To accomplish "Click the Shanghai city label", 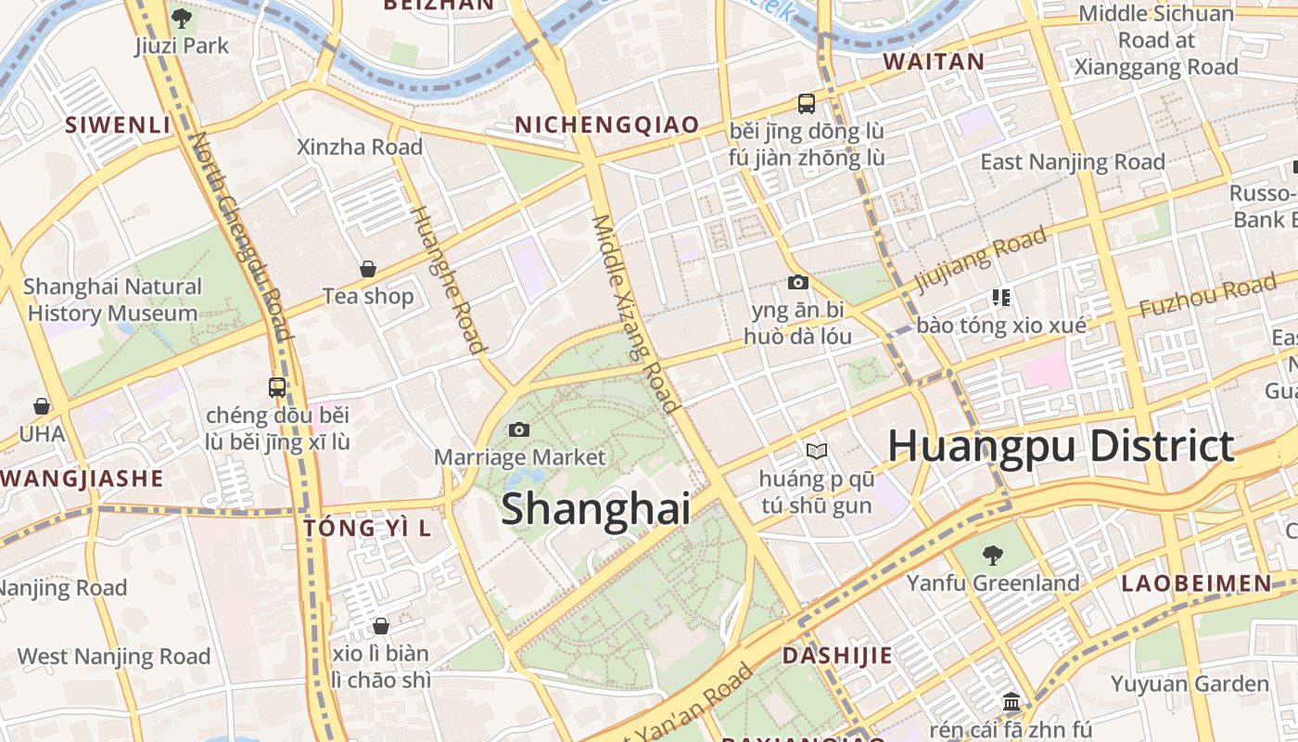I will pyautogui.click(x=596, y=509).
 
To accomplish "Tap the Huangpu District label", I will pyautogui.click(x=1061, y=446).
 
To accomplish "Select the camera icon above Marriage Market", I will pyautogui.click(x=519, y=429).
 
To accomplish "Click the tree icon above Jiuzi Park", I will pyautogui.click(x=181, y=18).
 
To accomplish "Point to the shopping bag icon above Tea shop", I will pyautogui.click(x=368, y=269).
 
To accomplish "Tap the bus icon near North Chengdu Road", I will pyautogui.click(x=277, y=388).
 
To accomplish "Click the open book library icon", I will pyautogui.click(x=816, y=452).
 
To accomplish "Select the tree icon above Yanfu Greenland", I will pyautogui.click(x=993, y=556).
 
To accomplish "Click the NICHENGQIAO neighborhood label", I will pyautogui.click(x=606, y=125).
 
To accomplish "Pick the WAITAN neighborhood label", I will pyautogui.click(x=934, y=62).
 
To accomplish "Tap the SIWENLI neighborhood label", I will pyautogui.click(x=118, y=125).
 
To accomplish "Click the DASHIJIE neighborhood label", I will pyautogui.click(x=837, y=656).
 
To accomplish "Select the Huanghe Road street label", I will pyautogui.click(x=447, y=278).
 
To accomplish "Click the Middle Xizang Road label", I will pyautogui.click(x=636, y=313).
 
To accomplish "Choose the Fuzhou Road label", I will pyautogui.click(x=1206, y=295).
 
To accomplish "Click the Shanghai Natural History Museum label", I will pyautogui.click(x=112, y=300).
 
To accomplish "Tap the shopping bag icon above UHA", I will pyautogui.click(x=42, y=406).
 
